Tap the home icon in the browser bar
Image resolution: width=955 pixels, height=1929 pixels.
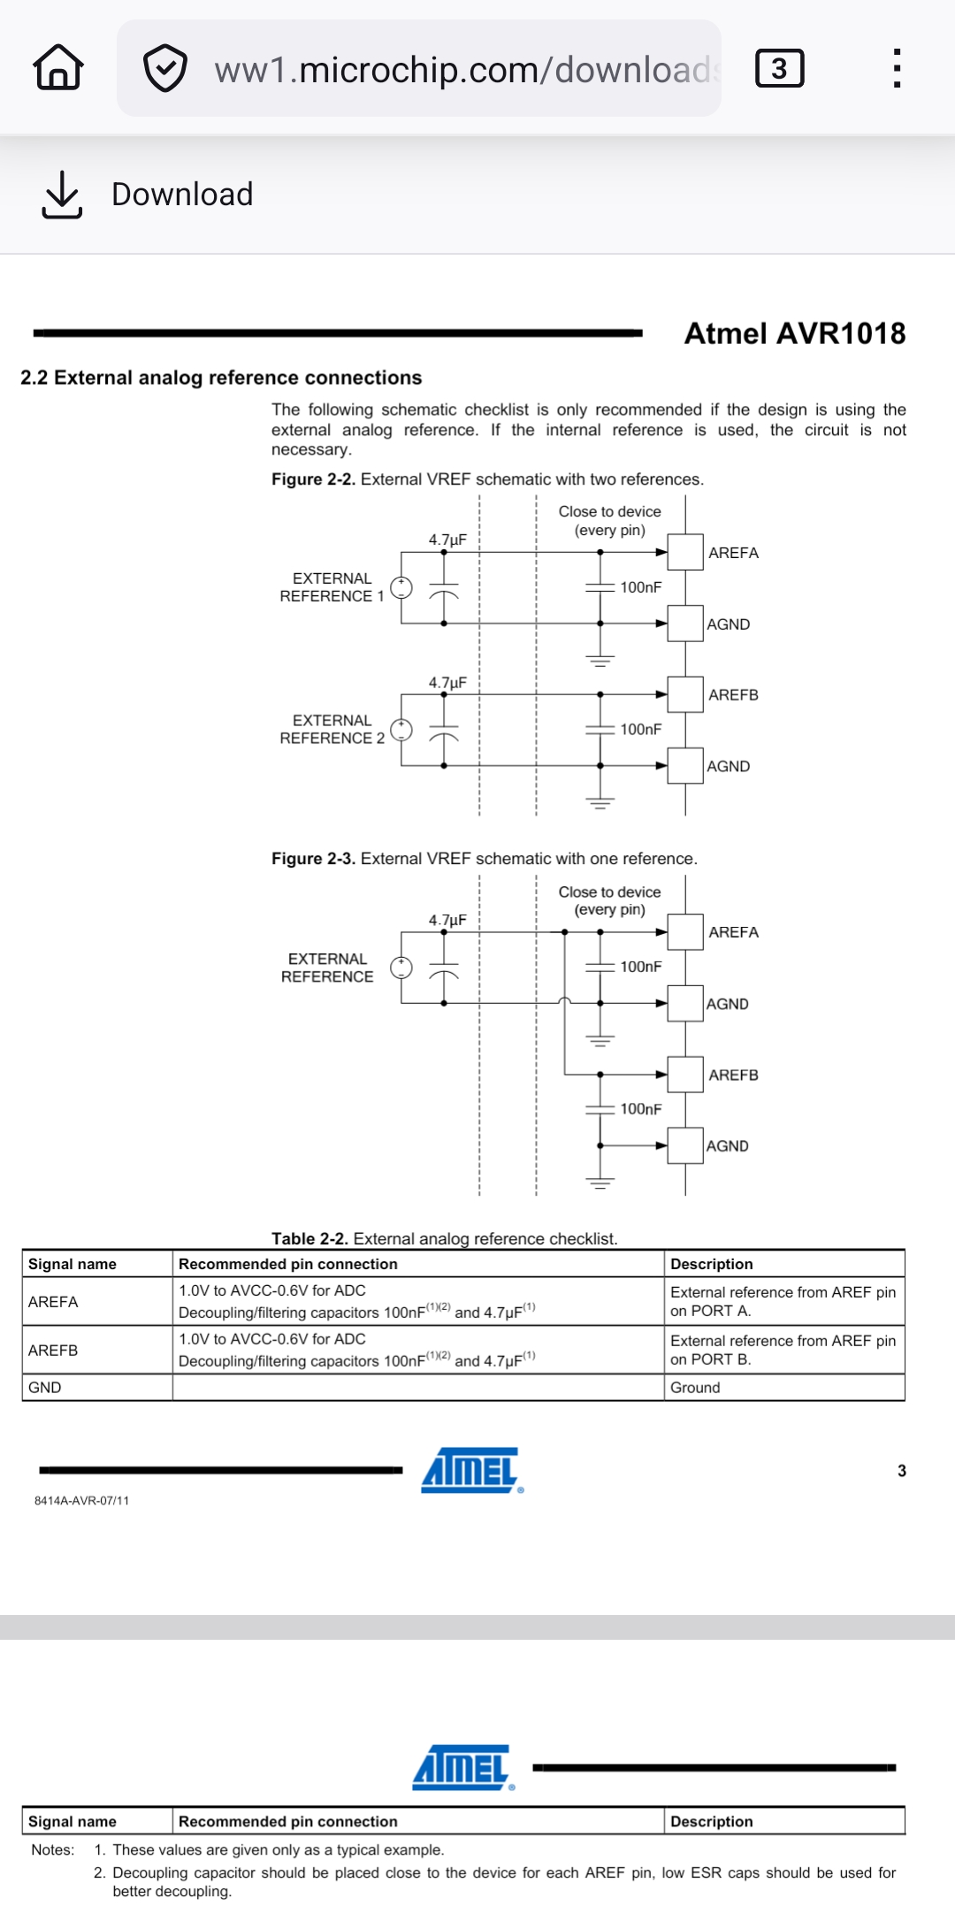click(58, 68)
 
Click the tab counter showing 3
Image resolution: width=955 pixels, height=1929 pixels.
click(779, 68)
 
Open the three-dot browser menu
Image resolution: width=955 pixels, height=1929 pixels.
click(897, 68)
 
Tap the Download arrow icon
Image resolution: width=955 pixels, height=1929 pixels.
click(61, 195)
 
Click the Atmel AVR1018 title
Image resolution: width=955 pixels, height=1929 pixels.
click(794, 333)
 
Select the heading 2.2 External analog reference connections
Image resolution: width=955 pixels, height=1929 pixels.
click(221, 378)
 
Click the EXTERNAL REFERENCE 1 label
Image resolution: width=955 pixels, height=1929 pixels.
click(332, 587)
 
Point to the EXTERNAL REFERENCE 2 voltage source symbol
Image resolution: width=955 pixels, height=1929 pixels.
click(401, 730)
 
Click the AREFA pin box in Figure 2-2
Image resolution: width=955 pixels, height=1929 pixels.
click(685, 552)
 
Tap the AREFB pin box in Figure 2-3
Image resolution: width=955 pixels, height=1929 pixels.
click(685, 1075)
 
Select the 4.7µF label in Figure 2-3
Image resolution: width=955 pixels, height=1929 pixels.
click(447, 920)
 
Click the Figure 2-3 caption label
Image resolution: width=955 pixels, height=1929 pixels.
click(313, 859)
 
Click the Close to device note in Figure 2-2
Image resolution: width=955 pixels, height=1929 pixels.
click(609, 521)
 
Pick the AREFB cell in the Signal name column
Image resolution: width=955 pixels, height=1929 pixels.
click(53, 1351)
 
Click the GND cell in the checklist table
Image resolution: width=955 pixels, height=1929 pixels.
click(45, 1388)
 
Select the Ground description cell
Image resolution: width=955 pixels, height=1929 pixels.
click(695, 1388)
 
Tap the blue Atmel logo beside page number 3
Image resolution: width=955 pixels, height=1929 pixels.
click(471, 1470)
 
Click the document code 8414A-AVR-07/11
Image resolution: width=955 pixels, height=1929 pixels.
click(81, 1501)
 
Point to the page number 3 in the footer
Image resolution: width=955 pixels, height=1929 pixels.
click(901, 1471)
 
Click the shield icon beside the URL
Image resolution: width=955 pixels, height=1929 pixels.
click(165, 68)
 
